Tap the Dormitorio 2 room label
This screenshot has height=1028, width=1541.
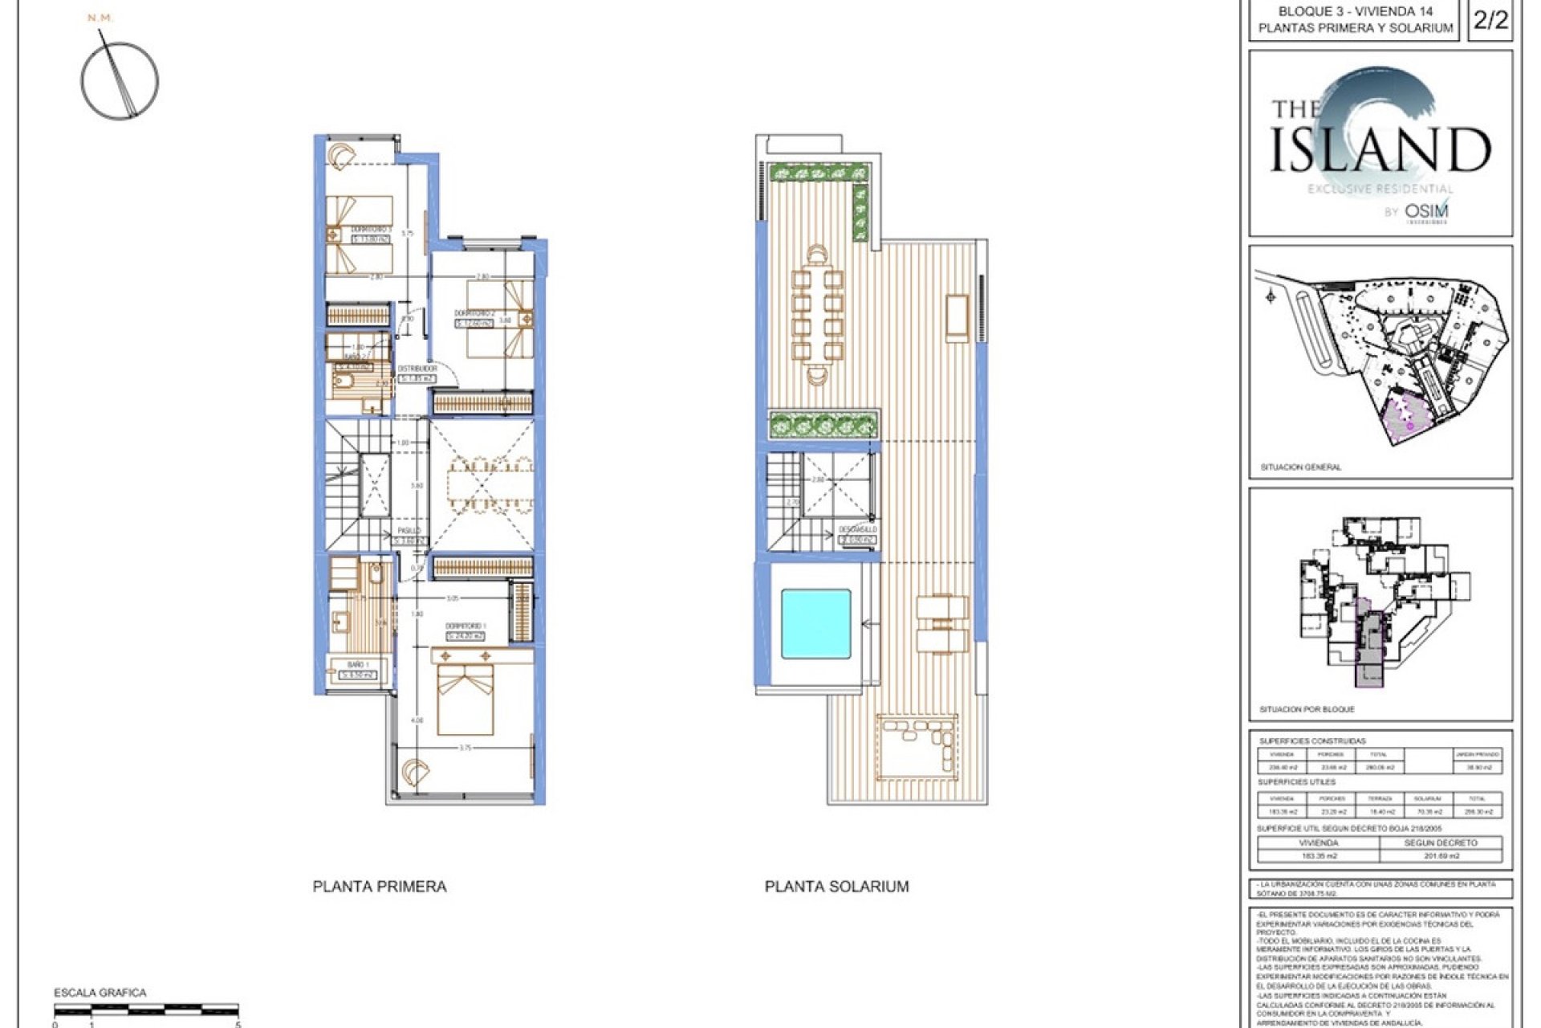[x=473, y=313]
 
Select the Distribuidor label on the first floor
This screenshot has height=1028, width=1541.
[x=417, y=369]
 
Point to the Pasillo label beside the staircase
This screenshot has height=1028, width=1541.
[x=409, y=531]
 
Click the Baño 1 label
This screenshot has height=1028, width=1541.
[x=358, y=665]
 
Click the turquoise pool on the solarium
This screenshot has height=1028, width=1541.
[x=815, y=624]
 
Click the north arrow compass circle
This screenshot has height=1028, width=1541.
[x=120, y=80]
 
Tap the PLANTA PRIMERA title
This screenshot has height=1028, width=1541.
[x=380, y=887]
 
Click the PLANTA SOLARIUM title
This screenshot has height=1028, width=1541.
[x=836, y=887]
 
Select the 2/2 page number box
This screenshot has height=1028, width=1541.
[x=1490, y=20]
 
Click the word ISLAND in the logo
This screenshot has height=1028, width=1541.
[x=1380, y=149]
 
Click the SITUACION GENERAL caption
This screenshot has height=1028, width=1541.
[x=1300, y=467]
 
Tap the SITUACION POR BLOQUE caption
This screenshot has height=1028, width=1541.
[x=1307, y=709]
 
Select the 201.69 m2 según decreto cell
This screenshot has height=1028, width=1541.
[x=1441, y=856]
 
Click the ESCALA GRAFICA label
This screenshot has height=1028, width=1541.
[x=100, y=993]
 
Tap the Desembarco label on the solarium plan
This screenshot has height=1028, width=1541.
[x=858, y=530]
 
